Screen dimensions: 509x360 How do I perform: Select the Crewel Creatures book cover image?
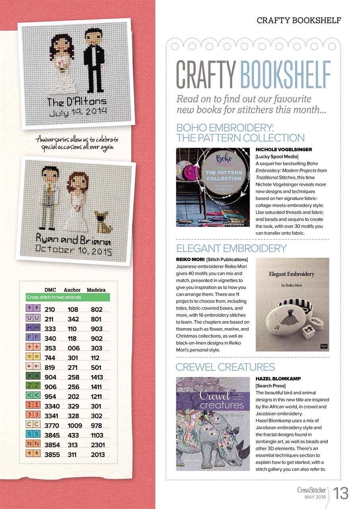coord(213,424)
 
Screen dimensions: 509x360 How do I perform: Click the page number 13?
coord(341,494)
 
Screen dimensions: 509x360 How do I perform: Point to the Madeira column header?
coord(96,290)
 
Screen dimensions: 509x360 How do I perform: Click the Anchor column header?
coord(72,290)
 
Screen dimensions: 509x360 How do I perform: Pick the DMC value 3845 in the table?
coord(52,435)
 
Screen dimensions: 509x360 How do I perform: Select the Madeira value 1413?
coord(97,377)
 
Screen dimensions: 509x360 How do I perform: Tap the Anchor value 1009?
coord(74,426)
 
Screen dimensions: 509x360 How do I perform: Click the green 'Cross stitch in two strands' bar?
coord(68,297)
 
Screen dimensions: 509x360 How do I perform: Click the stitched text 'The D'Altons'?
coord(77,102)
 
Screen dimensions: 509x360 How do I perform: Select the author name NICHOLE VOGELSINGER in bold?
coord(283,150)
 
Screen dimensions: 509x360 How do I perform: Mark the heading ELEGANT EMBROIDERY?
coord(231,249)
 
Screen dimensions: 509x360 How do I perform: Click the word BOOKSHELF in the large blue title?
coord(285,76)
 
